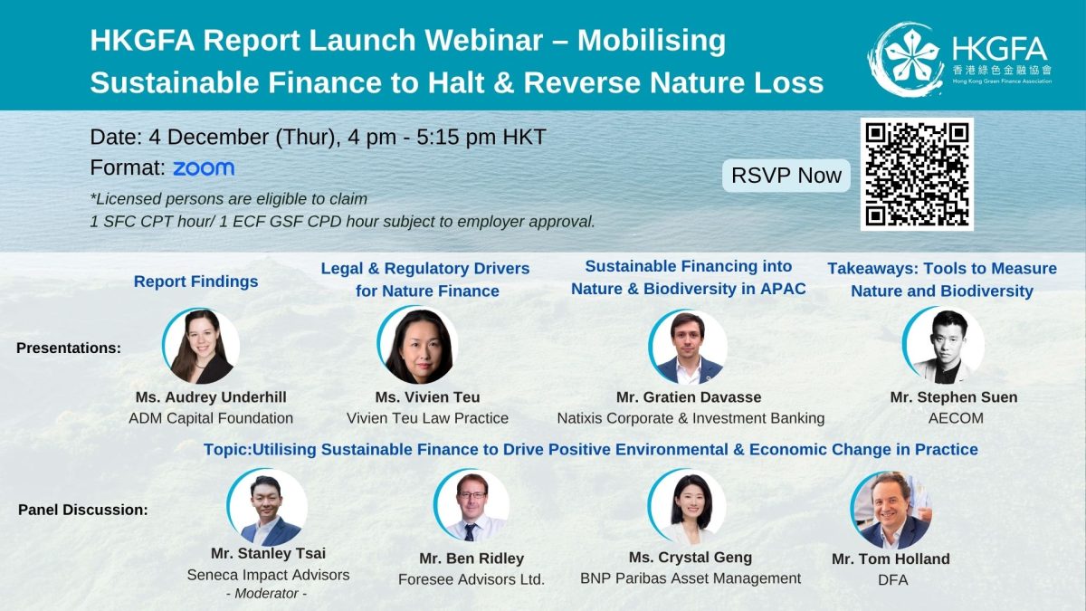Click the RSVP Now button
tap(786, 176)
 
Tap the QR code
tap(918, 173)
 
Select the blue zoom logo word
tap(204, 168)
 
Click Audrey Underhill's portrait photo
tap(202, 347)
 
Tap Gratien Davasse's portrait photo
tap(688, 348)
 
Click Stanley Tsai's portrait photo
tap(267, 508)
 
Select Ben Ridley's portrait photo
tap(472, 508)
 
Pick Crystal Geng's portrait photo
tap(687, 508)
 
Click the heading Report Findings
tap(195, 282)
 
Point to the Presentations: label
tap(69, 348)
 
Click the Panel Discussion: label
tap(82, 510)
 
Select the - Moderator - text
tap(268, 594)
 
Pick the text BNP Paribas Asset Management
tap(691, 578)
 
